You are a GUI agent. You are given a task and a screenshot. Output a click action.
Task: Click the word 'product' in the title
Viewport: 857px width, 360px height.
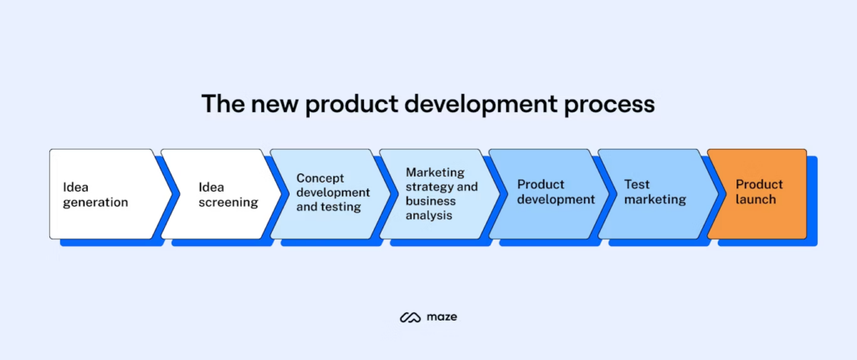coord(351,105)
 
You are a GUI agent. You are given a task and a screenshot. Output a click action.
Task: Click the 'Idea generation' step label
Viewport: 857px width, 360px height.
coord(95,193)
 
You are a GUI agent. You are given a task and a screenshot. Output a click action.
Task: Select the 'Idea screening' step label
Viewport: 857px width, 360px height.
coord(228,193)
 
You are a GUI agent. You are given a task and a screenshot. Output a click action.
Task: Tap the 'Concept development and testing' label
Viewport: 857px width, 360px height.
coord(332,193)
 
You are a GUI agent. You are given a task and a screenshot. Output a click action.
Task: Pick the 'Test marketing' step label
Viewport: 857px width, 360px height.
coord(654,193)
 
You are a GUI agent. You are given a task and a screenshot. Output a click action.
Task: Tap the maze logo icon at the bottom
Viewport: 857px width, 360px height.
coord(410,317)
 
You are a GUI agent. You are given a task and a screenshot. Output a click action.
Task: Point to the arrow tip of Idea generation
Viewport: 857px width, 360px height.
coord(167,193)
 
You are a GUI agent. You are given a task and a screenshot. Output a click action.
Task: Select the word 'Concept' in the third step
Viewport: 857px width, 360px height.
coord(320,178)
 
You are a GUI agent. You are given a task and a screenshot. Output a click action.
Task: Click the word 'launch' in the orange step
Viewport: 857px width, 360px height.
coord(756,200)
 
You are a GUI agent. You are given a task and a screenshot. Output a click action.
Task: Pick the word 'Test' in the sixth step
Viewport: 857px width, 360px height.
coord(637,185)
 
